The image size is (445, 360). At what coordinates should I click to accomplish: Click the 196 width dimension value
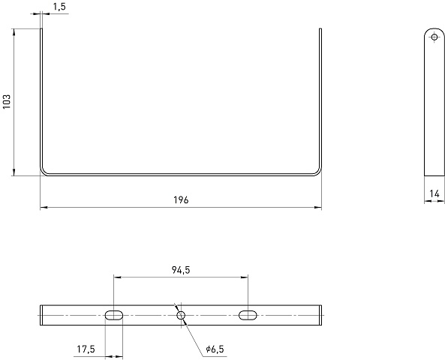click(181, 200)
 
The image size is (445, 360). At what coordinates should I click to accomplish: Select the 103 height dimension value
click(7, 101)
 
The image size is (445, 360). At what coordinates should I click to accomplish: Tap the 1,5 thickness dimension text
click(59, 7)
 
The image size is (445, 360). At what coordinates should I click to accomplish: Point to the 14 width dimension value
click(434, 193)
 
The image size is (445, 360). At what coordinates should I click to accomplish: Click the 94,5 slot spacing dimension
click(181, 270)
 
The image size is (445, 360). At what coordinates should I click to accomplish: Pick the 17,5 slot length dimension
click(86, 349)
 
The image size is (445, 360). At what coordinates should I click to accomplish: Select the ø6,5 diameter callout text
click(215, 349)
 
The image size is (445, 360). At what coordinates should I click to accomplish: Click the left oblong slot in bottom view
click(114, 316)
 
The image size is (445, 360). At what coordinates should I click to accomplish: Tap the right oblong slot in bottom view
click(248, 316)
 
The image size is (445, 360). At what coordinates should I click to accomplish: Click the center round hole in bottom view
click(181, 315)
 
